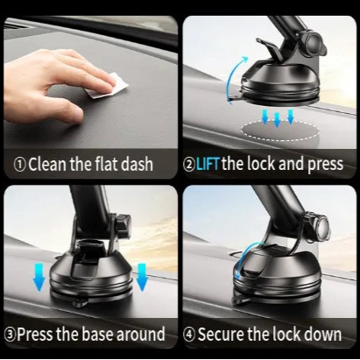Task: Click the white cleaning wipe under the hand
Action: [x=106, y=85]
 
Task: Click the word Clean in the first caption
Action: [x=48, y=163]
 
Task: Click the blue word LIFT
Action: [x=208, y=163]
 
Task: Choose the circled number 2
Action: [x=190, y=163]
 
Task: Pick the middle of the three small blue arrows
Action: [x=276, y=116]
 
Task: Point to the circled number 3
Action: [x=12, y=335]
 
